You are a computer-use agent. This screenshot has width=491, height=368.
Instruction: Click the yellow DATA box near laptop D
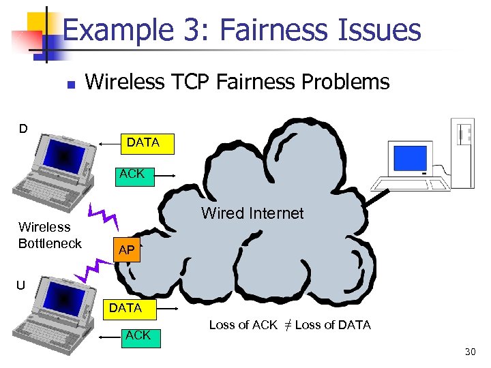(x=143, y=143)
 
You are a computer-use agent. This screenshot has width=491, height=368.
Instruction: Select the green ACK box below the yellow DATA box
(x=132, y=174)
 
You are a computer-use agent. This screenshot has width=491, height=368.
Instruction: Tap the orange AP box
(x=127, y=250)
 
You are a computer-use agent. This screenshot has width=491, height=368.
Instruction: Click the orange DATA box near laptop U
(x=125, y=308)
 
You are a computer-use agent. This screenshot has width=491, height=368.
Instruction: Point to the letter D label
(x=23, y=128)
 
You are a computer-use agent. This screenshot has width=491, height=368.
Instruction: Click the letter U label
(x=20, y=286)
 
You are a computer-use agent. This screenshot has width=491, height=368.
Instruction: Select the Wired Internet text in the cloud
(x=252, y=213)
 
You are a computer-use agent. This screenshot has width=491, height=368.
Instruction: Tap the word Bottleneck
(x=50, y=243)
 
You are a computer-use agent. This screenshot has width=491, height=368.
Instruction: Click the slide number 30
(x=470, y=352)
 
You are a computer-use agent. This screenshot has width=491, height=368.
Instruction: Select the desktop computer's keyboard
(x=409, y=183)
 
